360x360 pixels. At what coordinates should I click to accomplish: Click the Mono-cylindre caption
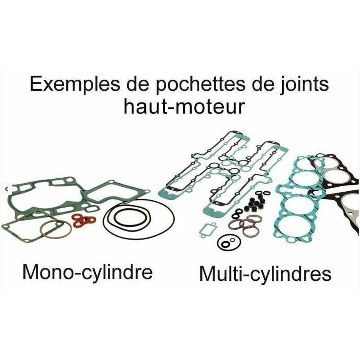pos(87,272)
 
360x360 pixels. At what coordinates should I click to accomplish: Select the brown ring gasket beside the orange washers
pos(55,229)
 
